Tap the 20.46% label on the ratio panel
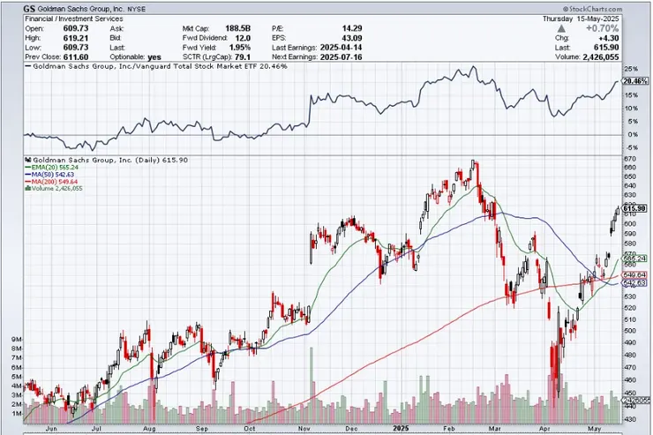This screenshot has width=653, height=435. pos(635,81)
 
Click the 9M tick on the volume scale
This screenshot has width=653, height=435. pos(16,339)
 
